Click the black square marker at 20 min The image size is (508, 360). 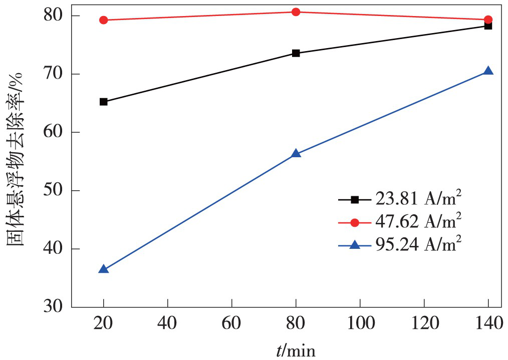pos(104,102)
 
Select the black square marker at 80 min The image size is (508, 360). pos(296,53)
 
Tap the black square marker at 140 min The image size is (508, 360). pos(488,26)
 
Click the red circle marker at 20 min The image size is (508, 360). pos(104,20)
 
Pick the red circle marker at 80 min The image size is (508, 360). pos(296,12)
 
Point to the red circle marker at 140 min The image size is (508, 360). pos(488,20)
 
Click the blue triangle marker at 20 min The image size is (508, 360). pos(104,269)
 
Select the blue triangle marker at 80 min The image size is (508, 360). pos(296,153)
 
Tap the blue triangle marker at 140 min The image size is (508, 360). pos(488,71)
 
